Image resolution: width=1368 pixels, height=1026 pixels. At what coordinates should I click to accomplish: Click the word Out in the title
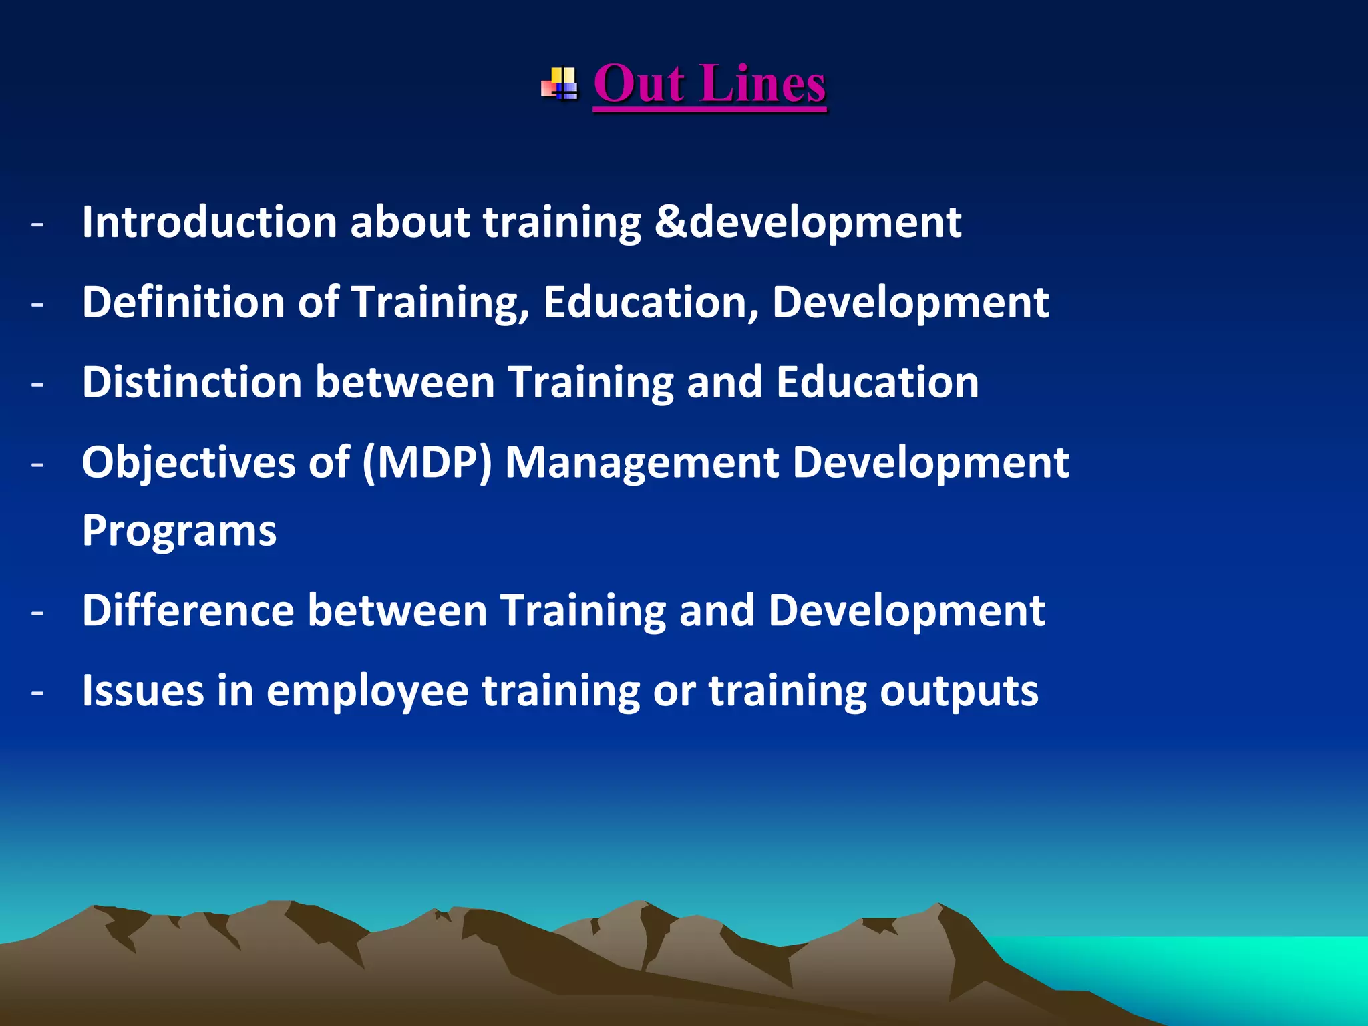639,84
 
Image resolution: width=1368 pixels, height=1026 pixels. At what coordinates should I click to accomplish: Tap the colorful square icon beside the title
560,84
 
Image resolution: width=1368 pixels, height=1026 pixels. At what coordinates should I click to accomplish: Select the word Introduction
209,222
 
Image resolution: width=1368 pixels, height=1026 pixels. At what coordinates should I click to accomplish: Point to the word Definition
183,302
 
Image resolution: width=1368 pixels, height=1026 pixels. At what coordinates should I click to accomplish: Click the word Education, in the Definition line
651,302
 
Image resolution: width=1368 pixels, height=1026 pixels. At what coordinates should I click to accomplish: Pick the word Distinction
192,382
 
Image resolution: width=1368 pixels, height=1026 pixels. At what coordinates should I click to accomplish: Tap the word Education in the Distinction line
878,382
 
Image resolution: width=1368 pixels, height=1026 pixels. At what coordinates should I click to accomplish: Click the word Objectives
188,464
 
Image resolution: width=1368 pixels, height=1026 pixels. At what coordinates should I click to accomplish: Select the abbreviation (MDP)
427,462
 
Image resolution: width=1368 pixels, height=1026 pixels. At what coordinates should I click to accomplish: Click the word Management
642,464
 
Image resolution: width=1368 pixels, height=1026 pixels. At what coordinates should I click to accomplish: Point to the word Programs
179,532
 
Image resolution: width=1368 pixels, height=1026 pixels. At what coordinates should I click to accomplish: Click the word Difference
188,611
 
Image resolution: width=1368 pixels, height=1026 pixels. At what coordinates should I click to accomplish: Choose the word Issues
143,691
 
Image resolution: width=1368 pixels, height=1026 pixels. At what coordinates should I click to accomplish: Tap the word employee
367,692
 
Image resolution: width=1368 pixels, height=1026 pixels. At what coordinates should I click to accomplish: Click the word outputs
959,692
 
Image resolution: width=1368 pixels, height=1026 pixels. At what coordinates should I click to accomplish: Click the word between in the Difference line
397,611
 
